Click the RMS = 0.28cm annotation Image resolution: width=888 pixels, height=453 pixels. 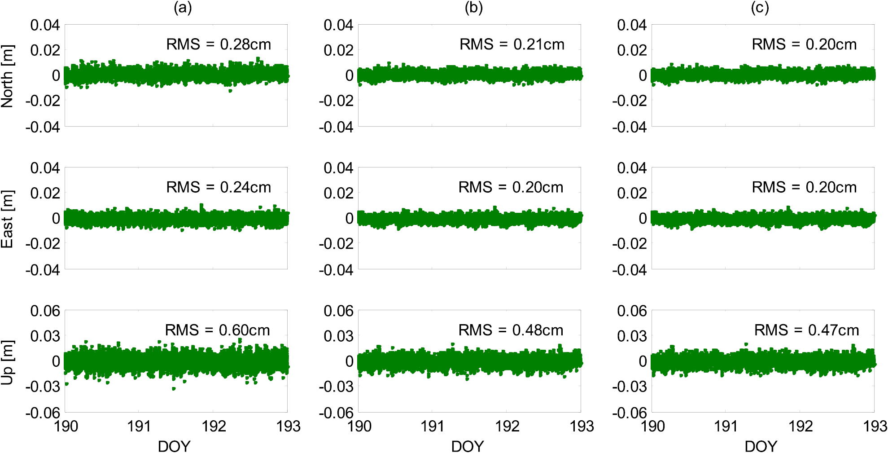219,44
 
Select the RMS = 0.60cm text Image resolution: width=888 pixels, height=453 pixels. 217,330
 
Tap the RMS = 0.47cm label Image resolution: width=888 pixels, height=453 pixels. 806,330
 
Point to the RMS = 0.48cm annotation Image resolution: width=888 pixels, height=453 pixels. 511,330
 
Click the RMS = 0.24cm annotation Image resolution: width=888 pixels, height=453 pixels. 219,187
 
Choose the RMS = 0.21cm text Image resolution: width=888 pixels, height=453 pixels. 512,44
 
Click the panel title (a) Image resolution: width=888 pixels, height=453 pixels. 183,8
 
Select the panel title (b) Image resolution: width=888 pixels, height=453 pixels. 474,8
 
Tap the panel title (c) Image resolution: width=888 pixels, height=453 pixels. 760,8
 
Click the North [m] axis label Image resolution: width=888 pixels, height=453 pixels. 8,76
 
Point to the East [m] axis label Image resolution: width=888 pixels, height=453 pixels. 8,219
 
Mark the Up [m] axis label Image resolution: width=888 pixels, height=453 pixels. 8,362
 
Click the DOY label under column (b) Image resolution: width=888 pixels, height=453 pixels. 468,446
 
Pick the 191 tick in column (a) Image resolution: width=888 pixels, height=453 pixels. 139,426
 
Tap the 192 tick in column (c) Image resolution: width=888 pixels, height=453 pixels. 801,426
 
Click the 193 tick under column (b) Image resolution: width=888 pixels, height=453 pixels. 582,426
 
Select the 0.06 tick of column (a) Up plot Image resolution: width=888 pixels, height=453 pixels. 45,311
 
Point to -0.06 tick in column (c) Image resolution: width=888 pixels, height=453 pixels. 629,413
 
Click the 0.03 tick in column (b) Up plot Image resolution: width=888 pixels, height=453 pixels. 338,336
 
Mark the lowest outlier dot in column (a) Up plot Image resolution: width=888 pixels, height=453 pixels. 174,389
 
